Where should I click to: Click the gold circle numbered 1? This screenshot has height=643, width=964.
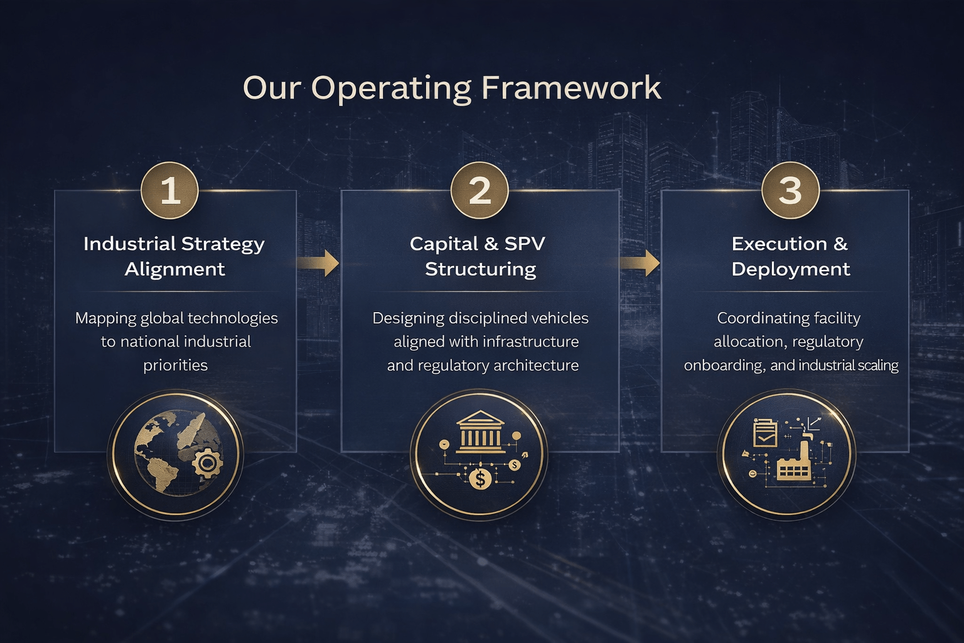[x=169, y=190]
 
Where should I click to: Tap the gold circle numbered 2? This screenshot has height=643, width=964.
[x=479, y=190]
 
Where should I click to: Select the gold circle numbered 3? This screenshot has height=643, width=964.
[x=790, y=190]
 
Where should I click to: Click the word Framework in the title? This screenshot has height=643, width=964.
[x=571, y=87]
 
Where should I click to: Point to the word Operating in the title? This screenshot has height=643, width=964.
[x=391, y=89]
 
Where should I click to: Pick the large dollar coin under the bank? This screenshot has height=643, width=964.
[x=480, y=480]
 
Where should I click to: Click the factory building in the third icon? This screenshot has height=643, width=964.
[x=795, y=463]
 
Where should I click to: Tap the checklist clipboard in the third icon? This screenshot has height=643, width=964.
[x=765, y=433]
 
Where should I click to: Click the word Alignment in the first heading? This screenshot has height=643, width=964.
[x=174, y=269]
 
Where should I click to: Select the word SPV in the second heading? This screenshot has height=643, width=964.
[x=525, y=244]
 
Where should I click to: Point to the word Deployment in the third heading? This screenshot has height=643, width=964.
[x=790, y=269]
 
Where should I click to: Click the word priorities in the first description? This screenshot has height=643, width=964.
[x=175, y=365]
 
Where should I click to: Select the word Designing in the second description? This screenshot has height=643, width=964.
[x=408, y=318]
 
